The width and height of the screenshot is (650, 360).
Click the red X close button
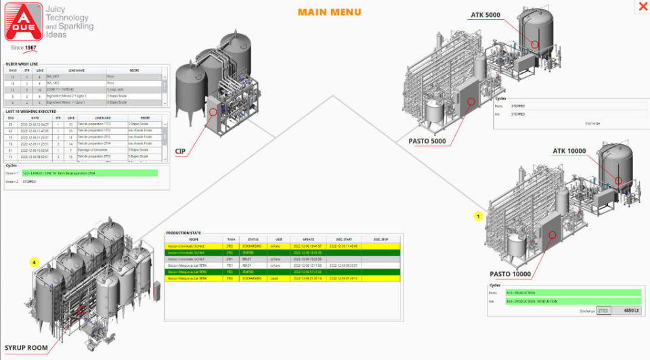click(x=642, y=7)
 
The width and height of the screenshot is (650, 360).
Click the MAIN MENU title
click(x=329, y=12)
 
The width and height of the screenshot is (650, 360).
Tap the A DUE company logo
click(x=22, y=22)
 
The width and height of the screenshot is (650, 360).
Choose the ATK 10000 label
click(x=569, y=150)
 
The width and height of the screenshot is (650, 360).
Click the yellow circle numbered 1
click(x=478, y=217)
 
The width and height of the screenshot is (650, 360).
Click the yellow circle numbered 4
click(x=33, y=262)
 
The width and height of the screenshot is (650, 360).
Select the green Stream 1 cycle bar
click(x=89, y=173)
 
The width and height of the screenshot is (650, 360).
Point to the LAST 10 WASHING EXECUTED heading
click(x=31, y=111)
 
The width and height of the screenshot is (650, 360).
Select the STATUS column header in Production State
click(x=253, y=239)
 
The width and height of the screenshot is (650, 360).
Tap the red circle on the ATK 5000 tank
click(x=535, y=44)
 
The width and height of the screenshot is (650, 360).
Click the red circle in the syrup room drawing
click(x=81, y=310)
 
